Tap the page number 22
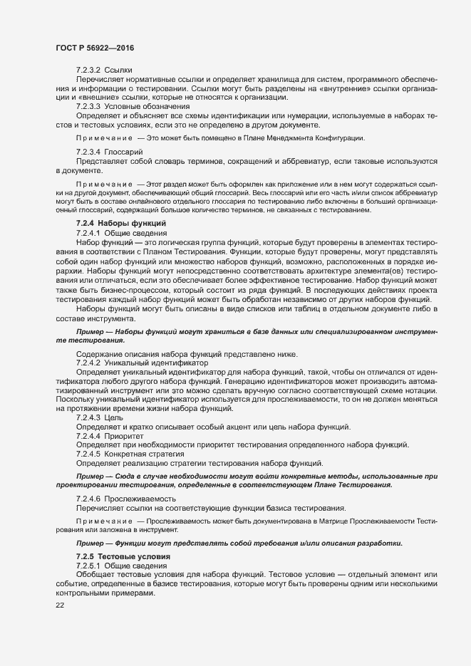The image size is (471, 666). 60,605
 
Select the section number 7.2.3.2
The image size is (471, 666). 88,71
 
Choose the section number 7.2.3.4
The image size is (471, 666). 88,152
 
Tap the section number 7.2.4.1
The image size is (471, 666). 88,233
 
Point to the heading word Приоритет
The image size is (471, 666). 125,435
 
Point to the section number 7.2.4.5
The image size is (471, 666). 88,453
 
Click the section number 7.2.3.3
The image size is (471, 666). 88,106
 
